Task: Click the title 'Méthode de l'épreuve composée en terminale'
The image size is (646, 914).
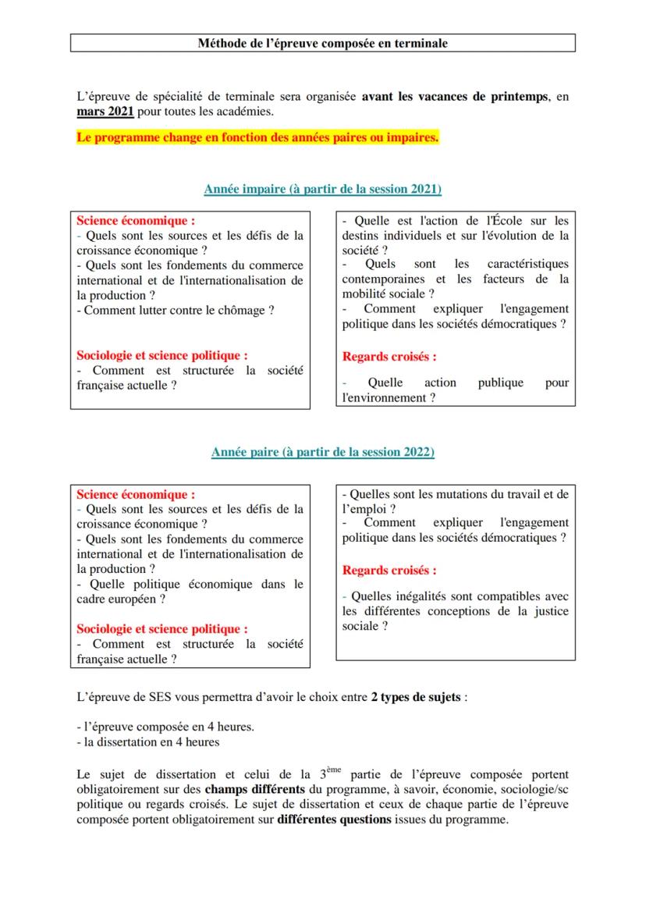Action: (x=322, y=43)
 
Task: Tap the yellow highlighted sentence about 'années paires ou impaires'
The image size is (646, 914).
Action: (x=257, y=138)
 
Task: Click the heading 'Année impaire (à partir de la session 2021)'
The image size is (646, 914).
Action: (x=323, y=190)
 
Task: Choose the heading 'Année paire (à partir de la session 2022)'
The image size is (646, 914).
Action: (x=323, y=453)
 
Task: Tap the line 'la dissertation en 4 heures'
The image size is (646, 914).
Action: (x=151, y=742)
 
